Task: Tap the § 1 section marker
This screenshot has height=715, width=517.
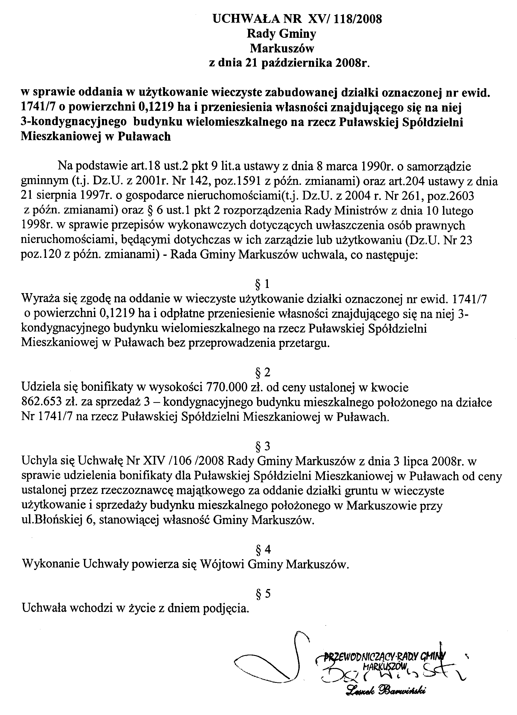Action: (262, 285)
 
